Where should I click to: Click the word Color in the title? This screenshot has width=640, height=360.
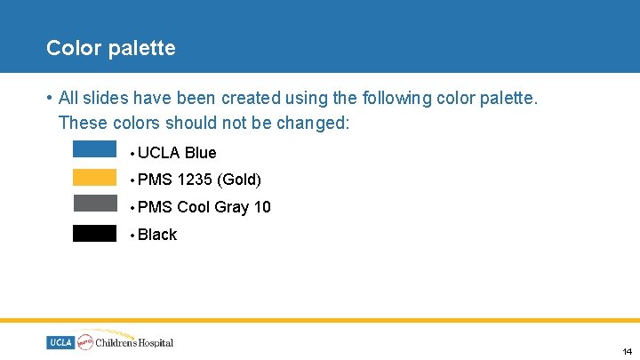[74, 48]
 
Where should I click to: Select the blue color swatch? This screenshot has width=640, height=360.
[94, 149]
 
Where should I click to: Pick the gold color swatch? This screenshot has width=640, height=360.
[94, 177]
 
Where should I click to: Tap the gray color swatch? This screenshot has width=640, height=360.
[94, 204]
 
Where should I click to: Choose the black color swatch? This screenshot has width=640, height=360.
[94, 234]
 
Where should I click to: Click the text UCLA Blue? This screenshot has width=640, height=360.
[177, 153]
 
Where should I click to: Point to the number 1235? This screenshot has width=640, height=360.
[195, 180]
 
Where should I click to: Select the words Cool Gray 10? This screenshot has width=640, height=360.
[224, 207]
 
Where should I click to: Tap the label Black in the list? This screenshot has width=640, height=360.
[157, 235]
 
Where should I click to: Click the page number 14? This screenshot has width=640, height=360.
[627, 351]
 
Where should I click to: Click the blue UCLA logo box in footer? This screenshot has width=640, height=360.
[60, 342]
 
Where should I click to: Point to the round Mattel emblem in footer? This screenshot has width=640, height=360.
[86, 341]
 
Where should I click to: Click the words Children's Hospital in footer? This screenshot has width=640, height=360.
[135, 342]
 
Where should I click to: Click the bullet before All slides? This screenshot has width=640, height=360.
[51, 98]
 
